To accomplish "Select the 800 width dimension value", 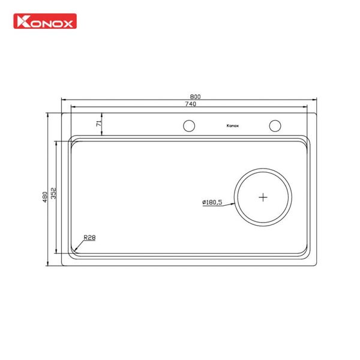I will pos(195,97).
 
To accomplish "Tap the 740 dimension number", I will pos(191,104).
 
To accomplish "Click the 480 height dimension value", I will pos(45,197).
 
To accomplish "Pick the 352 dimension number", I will pos(53,193).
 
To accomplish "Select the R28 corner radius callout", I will pos(89,237).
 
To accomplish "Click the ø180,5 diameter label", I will pos(212,202).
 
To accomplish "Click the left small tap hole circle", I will pos(188,125).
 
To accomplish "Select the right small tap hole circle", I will pos(275,125).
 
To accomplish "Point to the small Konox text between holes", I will pos(232,126).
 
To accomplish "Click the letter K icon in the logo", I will pos(21,25).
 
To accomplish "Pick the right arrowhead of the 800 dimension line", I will pos(317,101).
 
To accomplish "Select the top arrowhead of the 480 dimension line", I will pos(49,112).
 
